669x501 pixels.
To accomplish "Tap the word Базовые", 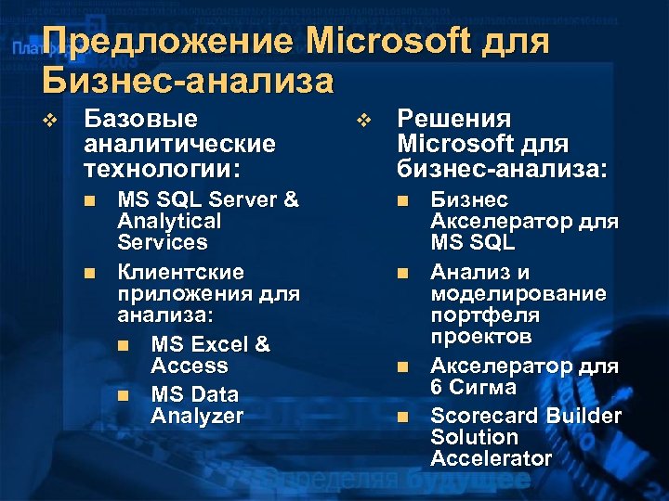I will pos(140,119).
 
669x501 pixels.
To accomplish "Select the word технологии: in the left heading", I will pos(161,170).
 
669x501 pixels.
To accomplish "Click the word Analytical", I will pos(169,221).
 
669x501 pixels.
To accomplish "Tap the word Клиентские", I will pos(180,273).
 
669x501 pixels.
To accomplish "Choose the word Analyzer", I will pos(196,417).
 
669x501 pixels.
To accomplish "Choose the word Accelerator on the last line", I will pos(491,458).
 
